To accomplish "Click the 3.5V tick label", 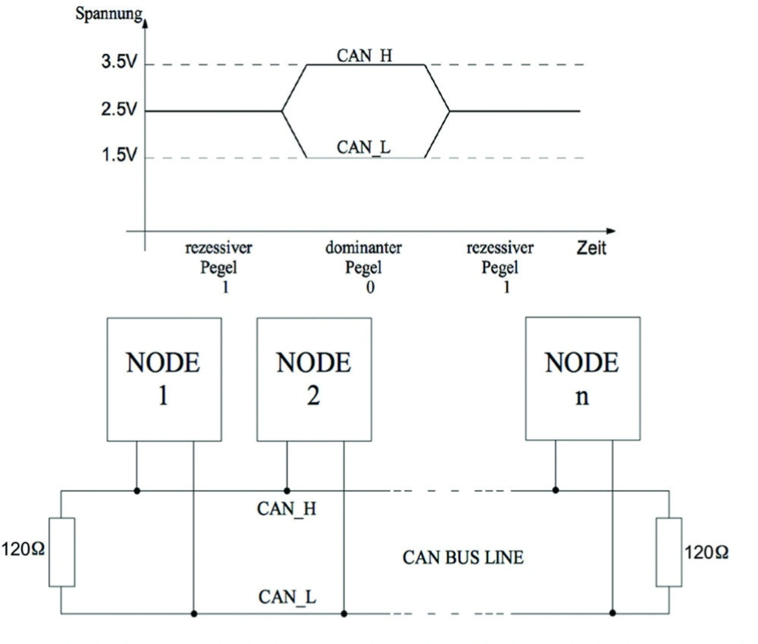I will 119,62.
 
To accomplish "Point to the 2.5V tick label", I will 119,110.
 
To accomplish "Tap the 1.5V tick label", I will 119,155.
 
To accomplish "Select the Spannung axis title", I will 109,14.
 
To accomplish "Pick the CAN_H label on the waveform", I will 364,55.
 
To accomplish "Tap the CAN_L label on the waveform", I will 364,147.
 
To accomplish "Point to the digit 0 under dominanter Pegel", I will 370,288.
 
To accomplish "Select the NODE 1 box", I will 164,379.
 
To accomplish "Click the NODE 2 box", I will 314,379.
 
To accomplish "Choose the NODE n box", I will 583,379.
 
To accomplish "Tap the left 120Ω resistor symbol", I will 62,552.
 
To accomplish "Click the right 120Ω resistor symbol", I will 669,552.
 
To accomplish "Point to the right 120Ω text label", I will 706,553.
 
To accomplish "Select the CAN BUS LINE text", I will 463,558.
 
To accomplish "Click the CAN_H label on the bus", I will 287,508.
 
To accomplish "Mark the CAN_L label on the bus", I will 287,597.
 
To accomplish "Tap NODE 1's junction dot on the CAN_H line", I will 137,491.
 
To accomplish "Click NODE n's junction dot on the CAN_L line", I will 612,613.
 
